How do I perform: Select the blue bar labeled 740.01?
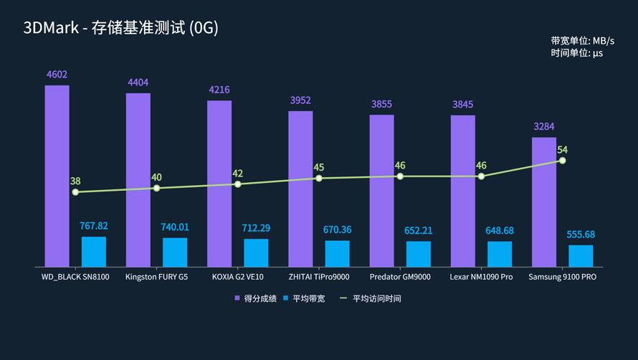click(175, 252)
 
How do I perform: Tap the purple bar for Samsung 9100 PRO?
click(543, 202)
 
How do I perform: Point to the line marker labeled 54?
click(563, 160)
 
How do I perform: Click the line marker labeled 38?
click(75, 192)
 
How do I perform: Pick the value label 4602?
click(57, 75)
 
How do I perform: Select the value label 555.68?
click(581, 235)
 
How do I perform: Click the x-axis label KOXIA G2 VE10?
click(238, 277)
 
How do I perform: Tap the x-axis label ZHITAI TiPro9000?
click(319, 277)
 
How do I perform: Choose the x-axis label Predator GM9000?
click(400, 277)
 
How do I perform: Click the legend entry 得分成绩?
click(255, 298)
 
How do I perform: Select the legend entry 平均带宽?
click(304, 298)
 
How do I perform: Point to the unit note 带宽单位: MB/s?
click(583, 41)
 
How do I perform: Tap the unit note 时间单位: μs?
click(577, 53)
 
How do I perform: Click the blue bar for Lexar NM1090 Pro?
click(500, 254)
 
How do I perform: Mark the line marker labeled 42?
click(237, 184)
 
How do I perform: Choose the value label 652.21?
click(419, 230)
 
